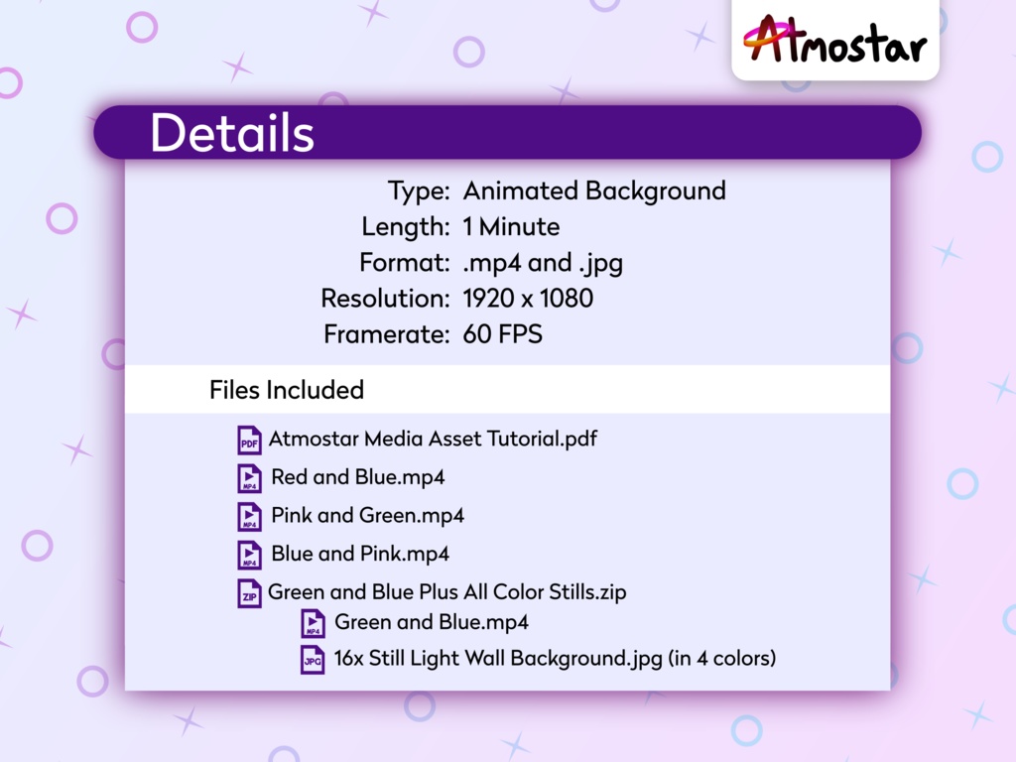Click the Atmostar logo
point(834,41)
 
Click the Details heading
point(231,133)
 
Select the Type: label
point(420,190)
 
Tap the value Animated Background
point(594,190)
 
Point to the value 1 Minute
point(511,227)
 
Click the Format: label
point(404,263)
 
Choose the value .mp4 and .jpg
point(543,263)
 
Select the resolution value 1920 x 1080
point(528,299)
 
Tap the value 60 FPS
point(502,334)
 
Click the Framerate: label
point(387,334)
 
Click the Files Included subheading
point(287,390)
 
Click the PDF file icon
point(249,440)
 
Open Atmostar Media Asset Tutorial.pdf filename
point(433,439)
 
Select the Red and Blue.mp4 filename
point(357,477)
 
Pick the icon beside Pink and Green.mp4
point(249,517)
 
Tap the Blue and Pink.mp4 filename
point(360,554)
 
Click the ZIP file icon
point(249,593)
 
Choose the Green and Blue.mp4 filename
point(432,622)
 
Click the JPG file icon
point(313,660)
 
